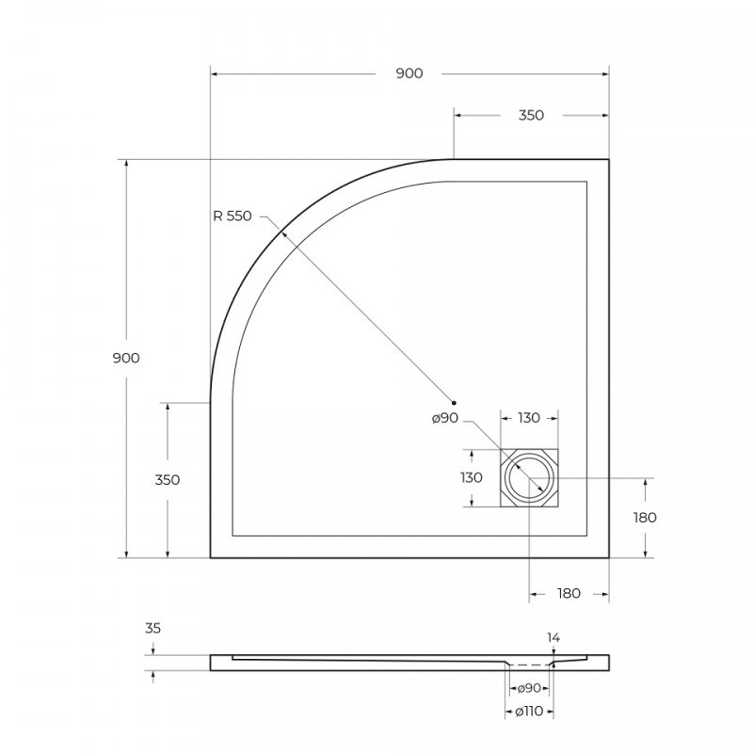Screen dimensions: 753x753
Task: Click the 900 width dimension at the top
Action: [409, 73]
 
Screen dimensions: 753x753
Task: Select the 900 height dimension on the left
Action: [126, 359]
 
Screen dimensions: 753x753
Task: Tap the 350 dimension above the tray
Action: [531, 115]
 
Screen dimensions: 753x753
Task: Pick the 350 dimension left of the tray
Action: [168, 480]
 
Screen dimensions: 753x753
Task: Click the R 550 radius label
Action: [232, 216]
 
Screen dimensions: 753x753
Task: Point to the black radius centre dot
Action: [454, 402]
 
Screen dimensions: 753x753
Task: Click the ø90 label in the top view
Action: [445, 418]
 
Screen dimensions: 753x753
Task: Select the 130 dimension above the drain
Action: [530, 418]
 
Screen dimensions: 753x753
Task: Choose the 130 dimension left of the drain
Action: [471, 478]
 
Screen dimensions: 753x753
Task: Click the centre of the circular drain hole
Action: [530, 479]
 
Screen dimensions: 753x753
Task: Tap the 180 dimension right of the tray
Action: [645, 517]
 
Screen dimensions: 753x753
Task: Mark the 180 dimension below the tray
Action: [569, 593]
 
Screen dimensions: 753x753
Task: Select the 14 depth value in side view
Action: [553, 637]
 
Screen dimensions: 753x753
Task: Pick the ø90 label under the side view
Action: [529, 687]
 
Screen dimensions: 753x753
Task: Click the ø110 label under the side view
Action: [529, 711]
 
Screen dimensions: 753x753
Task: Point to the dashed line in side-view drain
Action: [530, 664]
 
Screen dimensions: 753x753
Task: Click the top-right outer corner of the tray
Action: [609, 159]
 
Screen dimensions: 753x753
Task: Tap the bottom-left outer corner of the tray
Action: [210, 558]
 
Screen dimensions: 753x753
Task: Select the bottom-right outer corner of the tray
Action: [609, 558]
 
